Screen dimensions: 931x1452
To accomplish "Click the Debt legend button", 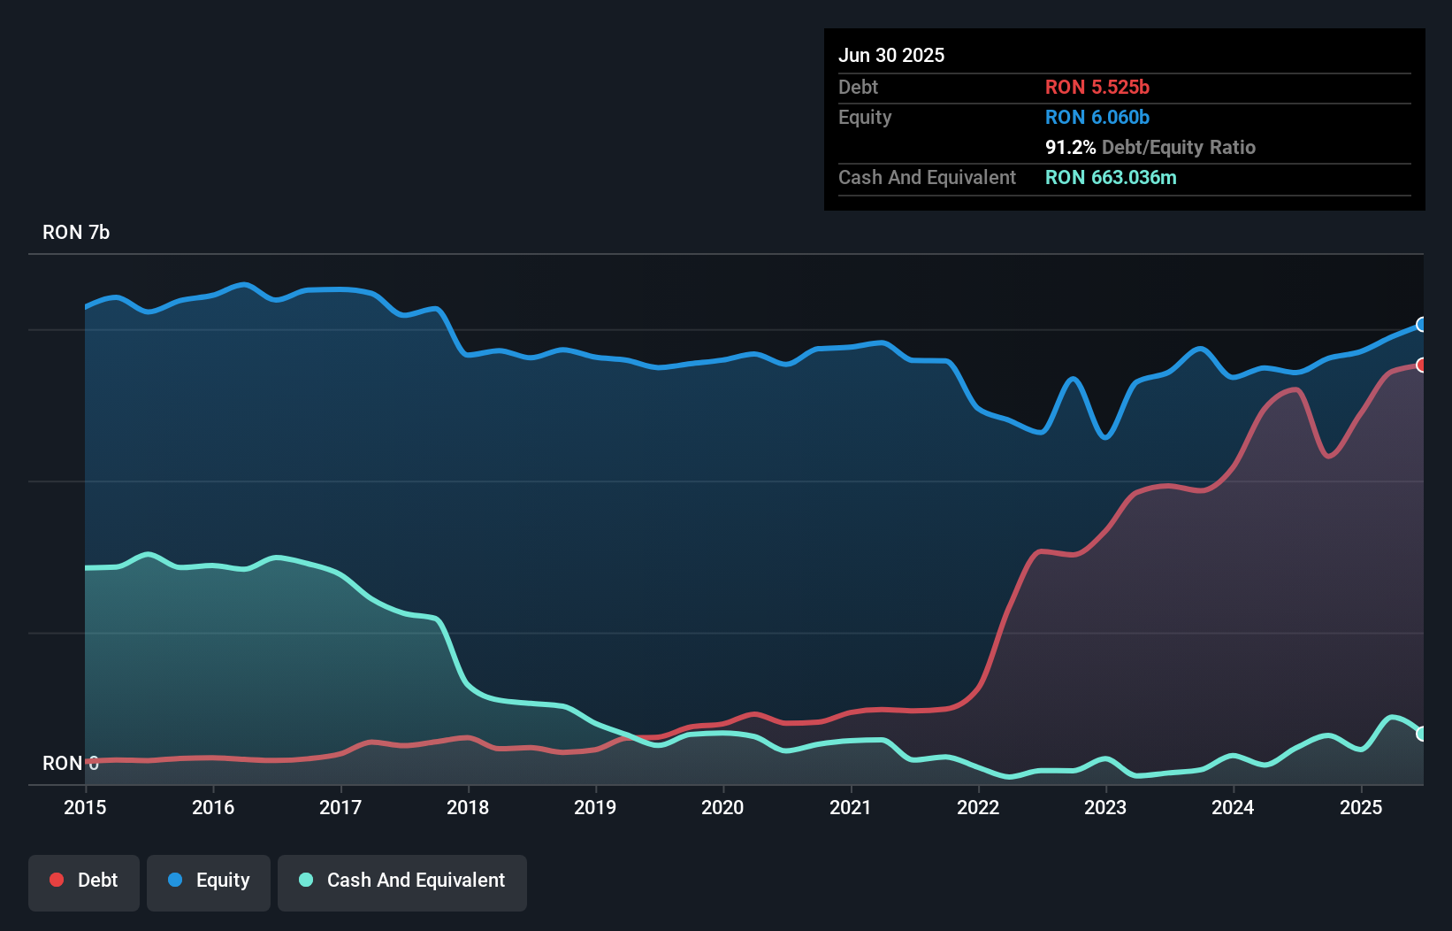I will tap(84, 881).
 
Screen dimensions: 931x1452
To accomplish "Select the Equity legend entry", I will tap(209, 881).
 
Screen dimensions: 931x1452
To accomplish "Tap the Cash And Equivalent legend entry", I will tap(402, 881).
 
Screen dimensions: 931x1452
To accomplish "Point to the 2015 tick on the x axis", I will tap(85, 807).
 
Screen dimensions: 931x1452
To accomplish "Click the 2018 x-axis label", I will tap(468, 807).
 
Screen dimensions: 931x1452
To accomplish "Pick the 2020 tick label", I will tap(722, 807).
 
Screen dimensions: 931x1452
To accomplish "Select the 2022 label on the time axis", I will tap(978, 807).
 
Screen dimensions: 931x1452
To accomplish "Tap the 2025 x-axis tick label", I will tap(1360, 807).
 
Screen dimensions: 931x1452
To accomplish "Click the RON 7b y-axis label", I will tap(76, 232).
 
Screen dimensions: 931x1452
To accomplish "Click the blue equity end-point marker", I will tap(1421, 325).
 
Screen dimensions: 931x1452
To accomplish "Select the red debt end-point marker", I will tap(1421, 365).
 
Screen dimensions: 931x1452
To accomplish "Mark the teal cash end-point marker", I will tap(1421, 733).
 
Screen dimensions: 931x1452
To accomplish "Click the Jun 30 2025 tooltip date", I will tap(891, 55).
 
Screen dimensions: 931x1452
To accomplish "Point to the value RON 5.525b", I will tap(1097, 87).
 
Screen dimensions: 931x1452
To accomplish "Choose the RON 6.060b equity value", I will tap(1097, 117).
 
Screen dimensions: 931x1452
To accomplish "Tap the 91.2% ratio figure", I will tap(1070, 147).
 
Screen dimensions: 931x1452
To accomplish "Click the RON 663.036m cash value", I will tap(1111, 177).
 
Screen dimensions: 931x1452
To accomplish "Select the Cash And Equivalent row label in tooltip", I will tap(927, 177).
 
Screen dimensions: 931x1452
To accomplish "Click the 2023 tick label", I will tap(1105, 807).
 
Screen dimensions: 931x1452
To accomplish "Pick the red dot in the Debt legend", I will tap(57, 880).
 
